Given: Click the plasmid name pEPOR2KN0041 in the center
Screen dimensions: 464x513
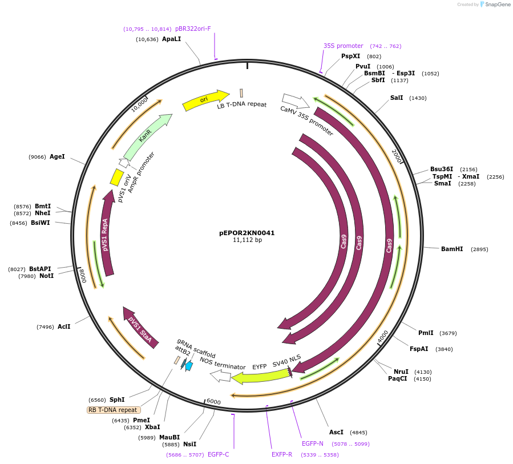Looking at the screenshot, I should click(x=247, y=233).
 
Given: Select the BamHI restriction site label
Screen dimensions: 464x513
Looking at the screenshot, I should click(x=452, y=249).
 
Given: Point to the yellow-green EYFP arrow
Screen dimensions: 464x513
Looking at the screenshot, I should click(x=260, y=376).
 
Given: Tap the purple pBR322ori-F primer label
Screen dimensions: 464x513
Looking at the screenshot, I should click(x=193, y=29).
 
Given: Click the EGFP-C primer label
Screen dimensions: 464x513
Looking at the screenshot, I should click(x=219, y=454).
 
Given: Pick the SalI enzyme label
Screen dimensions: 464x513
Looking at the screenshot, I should click(x=397, y=98).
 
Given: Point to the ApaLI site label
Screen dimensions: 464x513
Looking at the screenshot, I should click(x=171, y=39).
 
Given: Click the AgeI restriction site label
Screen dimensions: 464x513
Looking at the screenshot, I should click(x=57, y=156).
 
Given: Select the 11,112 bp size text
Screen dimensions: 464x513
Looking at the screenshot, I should click(x=247, y=240).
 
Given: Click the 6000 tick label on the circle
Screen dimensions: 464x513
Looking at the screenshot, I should click(x=213, y=402).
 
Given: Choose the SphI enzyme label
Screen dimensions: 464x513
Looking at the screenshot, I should click(x=117, y=400).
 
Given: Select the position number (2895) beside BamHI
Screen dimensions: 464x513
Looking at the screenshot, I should click(x=479, y=249).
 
